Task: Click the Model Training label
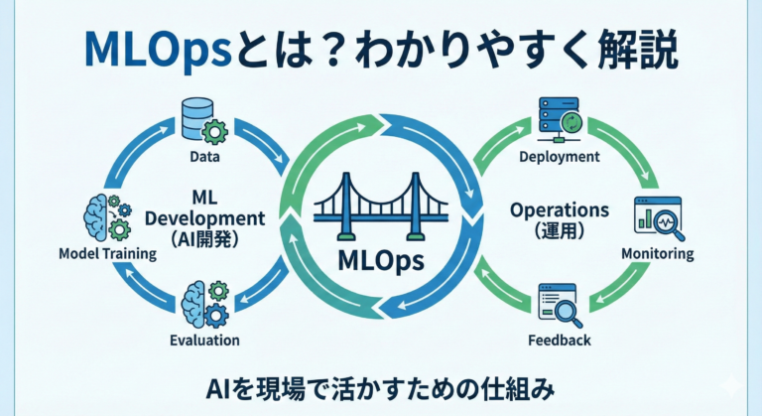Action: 108,253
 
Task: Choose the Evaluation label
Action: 206,340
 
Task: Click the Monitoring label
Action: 657,253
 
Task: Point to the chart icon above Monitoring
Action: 656,217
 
